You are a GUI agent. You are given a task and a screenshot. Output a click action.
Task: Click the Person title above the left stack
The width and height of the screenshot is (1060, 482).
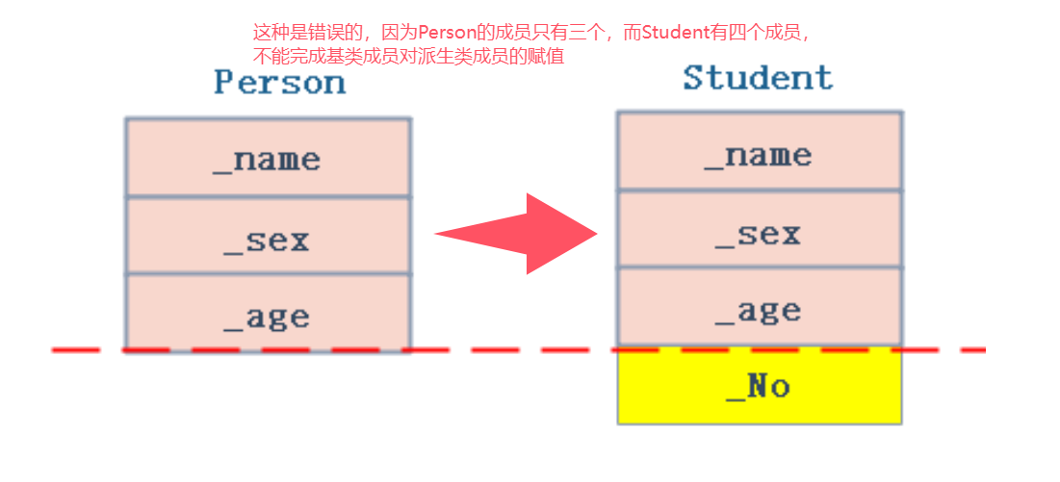(x=279, y=83)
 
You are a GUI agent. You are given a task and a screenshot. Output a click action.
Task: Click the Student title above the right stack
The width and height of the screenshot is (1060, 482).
(x=758, y=78)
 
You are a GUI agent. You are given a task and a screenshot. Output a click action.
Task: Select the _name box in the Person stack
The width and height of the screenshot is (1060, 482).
(x=268, y=158)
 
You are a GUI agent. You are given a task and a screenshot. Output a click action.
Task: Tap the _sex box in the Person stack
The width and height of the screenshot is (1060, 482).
(x=268, y=237)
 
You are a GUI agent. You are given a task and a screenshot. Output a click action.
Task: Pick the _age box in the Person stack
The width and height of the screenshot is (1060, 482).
(x=268, y=314)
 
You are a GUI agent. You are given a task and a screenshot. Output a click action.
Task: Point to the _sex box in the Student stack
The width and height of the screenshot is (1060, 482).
(x=760, y=231)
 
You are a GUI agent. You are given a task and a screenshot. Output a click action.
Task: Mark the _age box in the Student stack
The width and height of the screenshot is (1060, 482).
(x=760, y=308)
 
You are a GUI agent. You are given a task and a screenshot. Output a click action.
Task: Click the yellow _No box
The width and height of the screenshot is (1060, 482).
(x=760, y=387)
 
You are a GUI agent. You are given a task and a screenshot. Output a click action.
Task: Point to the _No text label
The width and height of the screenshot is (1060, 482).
(x=758, y=387)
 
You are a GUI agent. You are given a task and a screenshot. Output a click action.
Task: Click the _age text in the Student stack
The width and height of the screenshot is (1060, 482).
(x=758, y=311)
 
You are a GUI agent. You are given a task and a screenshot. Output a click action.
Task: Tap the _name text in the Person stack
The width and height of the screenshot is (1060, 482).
(x=267, y=160)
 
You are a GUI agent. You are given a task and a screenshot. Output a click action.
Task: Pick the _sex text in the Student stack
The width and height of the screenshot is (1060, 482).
(x=758, y=234)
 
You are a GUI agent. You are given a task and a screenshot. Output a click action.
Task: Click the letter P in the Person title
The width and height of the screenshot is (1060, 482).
(x=223, y=83)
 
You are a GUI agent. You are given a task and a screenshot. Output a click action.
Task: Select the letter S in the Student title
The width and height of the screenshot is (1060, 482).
(x=694, y=78)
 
